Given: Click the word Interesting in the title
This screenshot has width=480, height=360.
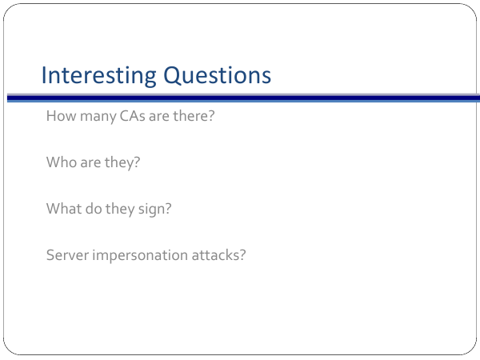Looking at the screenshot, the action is (99, 76).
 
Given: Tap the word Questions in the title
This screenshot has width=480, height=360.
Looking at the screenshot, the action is (218, 75).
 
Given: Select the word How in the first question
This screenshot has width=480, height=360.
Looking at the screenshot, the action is (62, 116).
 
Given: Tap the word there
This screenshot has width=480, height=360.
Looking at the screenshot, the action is (194, 116).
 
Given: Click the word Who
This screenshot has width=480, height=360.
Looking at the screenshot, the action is (62, 162).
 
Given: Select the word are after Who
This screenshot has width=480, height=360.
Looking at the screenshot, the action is (90, 164).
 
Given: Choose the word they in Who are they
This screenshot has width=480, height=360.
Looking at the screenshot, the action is (122, 163).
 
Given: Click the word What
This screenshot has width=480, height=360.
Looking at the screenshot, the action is (64, 209).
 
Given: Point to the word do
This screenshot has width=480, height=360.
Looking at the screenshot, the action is (94, 209).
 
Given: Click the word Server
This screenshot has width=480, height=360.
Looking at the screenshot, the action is (68, 255).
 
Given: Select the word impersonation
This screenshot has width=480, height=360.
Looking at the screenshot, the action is (140, 256).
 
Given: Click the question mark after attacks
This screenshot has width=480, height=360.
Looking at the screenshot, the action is (242, 255).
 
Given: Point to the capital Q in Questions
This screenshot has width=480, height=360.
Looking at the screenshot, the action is (171, 76).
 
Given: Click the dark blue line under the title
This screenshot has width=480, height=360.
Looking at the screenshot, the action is (243, 98).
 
